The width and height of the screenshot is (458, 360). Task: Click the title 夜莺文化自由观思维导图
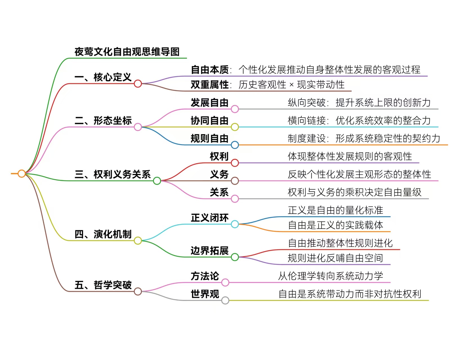pos(127,52)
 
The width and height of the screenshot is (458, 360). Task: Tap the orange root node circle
pos(22,174)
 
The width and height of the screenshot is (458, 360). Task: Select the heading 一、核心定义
pos(103,77)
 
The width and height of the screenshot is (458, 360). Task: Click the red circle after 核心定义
pos(138,84)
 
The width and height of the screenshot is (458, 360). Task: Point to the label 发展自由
pos(209,103)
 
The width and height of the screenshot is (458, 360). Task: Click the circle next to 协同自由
pos(235,127)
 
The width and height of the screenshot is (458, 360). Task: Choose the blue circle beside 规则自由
pos(235,145)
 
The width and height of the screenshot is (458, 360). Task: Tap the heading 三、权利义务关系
pos(113,175)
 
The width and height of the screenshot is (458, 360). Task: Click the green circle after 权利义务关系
pos(157,181)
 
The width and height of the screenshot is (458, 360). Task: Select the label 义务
pos(219,175)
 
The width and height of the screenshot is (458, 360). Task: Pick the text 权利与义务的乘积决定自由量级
pos(354,192)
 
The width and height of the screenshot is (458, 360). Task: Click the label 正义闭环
pos(209,218)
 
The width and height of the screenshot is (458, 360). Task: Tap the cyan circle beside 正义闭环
pos(235,224)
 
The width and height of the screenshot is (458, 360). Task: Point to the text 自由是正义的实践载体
pos(336,225)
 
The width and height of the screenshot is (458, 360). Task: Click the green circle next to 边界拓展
pos(235,257)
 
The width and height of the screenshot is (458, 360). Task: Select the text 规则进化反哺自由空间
pos(335,258)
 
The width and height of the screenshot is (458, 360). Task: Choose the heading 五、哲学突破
pos(103,285)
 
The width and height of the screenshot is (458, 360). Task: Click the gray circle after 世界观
pos(225,300)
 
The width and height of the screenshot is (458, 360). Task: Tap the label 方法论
pos(205,276)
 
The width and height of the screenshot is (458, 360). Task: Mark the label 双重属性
pos(209,85)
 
